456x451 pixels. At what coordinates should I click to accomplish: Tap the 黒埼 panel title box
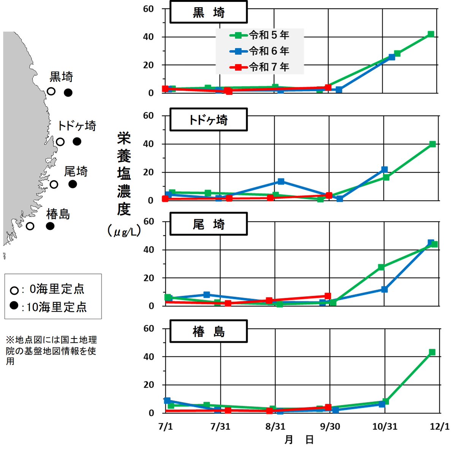[x=208, y=12]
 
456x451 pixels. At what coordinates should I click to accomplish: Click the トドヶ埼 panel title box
[x=208, y=120]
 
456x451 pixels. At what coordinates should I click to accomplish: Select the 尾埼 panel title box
[x=208, y=224]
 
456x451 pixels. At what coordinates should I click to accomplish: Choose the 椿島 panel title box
[x=208, y=331]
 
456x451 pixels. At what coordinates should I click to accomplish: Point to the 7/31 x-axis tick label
[x=220, y=426]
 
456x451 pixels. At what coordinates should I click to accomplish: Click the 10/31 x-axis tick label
[x=385, y=426]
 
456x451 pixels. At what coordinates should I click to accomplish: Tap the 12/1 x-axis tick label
[x=440, y=426]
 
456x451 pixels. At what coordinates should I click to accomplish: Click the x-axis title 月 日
[x=299, y=440]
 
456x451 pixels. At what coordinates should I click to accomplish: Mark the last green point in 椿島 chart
[x=432, y=352]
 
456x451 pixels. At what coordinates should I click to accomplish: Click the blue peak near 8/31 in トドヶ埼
[x=281, y=182]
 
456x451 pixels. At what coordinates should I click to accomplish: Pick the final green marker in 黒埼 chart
[x=431, y=35]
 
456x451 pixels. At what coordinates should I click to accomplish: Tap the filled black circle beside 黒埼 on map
[x=68, y=92]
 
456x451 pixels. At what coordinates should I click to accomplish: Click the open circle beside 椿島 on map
[x=30, y=226]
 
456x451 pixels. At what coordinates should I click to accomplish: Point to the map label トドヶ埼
[x=77, y=126]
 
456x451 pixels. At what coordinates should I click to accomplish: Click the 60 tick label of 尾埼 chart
[x=149, y=222]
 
